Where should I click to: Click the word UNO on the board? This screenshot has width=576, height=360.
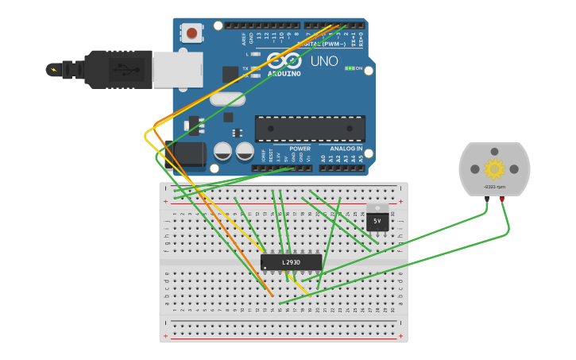click(324, 61)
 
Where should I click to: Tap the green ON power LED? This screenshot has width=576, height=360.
click(350, 68)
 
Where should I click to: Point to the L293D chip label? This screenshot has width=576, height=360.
click(292, 261)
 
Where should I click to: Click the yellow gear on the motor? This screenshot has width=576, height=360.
click(494, 168)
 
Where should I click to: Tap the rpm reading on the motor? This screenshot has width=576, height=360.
click(494, 188)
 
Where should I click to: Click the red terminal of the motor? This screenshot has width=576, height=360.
click(502, 199)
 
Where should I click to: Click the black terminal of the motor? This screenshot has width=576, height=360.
click(486, 199)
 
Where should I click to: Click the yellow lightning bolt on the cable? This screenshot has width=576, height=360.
click(53, 70)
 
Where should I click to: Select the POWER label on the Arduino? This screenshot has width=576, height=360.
click(300, 149)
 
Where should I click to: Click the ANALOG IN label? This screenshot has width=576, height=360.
click(346, 149)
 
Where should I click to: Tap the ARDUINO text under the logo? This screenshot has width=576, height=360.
click(284, 73)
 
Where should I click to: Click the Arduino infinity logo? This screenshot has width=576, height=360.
click(284, 60)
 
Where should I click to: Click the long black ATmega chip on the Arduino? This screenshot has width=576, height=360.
click(310, 128)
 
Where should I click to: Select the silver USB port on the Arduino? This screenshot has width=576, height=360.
click(172, 70)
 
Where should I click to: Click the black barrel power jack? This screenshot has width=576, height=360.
click(187, 155)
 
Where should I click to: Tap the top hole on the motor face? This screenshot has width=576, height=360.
click(494, 152)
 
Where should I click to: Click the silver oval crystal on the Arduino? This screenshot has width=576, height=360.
click(227, 99)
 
